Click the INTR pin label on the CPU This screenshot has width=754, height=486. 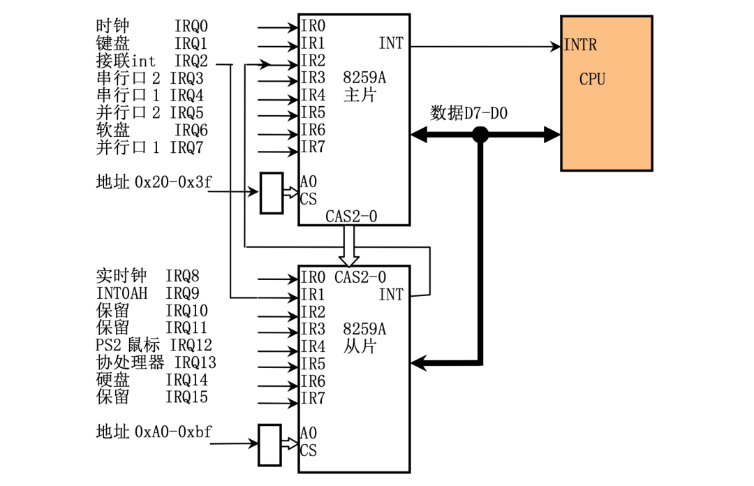[x=580, y=46]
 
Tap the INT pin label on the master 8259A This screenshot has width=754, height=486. [x=391, y=43]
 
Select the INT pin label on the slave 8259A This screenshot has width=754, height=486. [x=391, y=295]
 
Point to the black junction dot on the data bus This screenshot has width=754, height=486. [x=480, y=135]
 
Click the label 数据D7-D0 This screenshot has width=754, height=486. [x=468, y=113]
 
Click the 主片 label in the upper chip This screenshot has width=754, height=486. [x=360, y=94]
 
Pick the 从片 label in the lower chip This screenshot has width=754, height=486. [x=360, y=346]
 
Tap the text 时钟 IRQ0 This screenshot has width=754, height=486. [x=151, y=27]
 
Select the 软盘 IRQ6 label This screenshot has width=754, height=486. [x=151, y=131]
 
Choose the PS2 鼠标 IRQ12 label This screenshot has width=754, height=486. [x=154, y=345]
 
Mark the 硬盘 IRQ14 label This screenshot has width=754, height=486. [x=151, y=381]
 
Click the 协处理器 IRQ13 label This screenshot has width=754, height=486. [x=156, y=362]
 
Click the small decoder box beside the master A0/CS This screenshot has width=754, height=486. [x=271, y=193]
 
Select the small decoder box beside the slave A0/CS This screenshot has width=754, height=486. [x=269, y=444]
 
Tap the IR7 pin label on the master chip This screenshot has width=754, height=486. [x=313, y=147]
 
